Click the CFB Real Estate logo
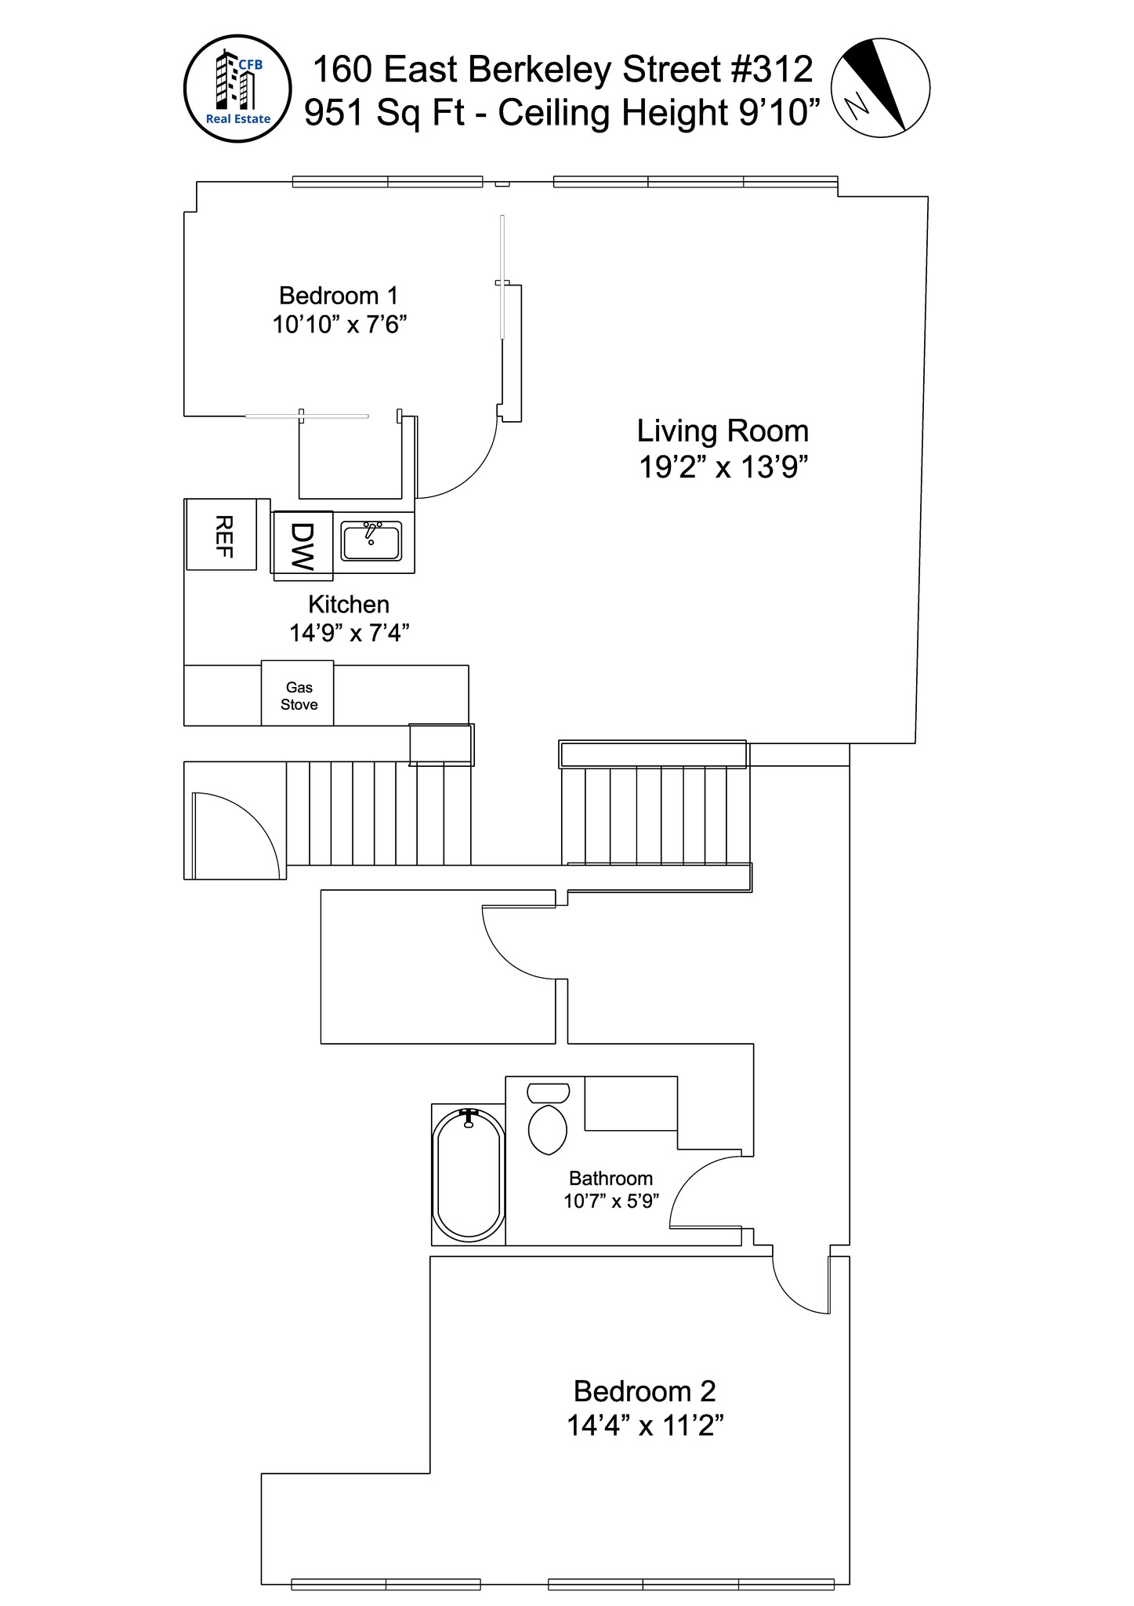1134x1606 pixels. point(237,89)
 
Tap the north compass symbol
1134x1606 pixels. point(879,87)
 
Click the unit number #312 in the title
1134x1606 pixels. point(772,70)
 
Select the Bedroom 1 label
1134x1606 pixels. point(339,296)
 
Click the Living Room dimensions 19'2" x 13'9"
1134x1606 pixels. point(723,467)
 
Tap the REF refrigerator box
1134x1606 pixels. point(223,536)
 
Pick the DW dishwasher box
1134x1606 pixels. point(303,546)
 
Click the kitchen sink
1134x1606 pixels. point(371,541)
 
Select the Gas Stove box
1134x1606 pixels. point(298,695)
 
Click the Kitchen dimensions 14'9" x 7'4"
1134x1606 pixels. point(349,633)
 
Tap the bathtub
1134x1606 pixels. point(469,1175)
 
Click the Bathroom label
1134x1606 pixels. point(610,1179)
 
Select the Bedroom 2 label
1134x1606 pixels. point(644,1391)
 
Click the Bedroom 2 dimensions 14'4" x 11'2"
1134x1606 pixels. point(644,1425)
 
